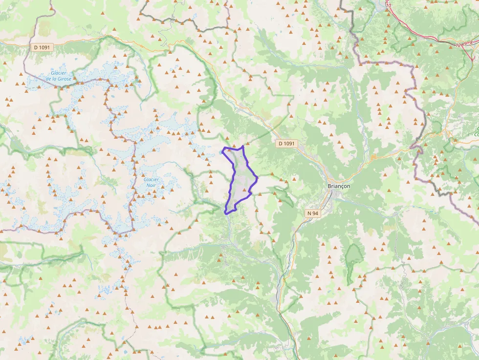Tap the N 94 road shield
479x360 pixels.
[313, 213]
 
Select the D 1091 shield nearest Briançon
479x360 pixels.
[286, 143]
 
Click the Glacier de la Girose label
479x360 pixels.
[58, 76]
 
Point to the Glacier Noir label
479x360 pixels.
[151, 182]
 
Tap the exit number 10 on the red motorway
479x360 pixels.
[389, 5]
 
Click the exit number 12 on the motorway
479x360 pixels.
[458, 44]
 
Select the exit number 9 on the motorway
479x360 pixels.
[465, 43]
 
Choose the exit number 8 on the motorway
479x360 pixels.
[471, 42]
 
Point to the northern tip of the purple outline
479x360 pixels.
[243, 146]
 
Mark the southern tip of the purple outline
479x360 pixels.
[225, 213]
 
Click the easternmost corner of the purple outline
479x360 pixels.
[257, 178]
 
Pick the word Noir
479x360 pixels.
[151, 186]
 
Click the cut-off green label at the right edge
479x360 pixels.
[476, 132]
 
